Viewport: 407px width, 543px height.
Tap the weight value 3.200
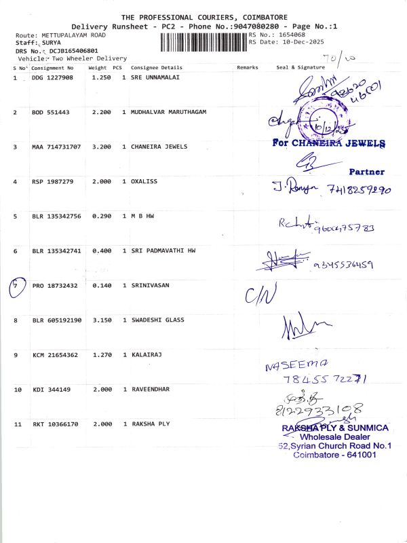101,147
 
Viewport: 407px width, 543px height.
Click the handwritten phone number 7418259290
359,191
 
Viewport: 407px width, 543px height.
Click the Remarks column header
248,68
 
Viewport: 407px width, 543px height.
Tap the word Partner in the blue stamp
366,172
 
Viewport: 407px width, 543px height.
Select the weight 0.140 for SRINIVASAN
101,286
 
